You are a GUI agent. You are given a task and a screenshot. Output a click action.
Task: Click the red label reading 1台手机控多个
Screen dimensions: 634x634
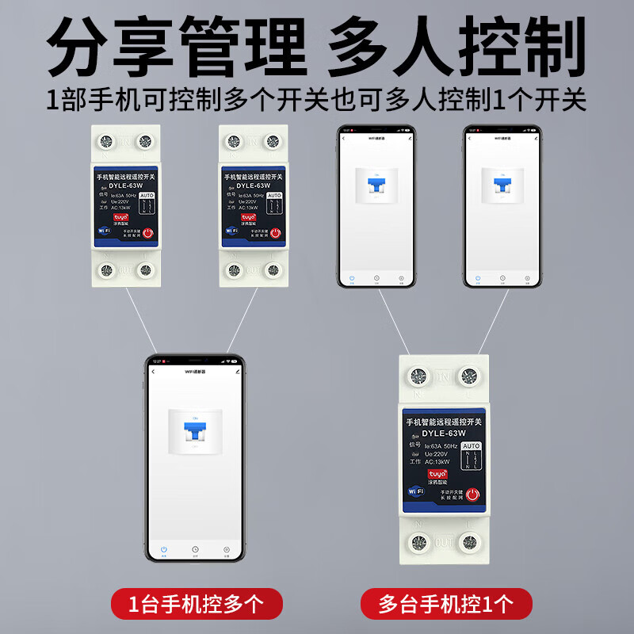click(196, 605)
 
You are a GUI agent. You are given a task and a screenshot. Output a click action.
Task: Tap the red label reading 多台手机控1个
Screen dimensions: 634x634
click(445, 605)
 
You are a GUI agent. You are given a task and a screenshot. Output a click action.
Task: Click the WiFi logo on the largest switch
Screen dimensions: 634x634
click(415, 491)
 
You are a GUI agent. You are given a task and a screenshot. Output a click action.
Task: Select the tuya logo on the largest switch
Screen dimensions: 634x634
click(437, 473)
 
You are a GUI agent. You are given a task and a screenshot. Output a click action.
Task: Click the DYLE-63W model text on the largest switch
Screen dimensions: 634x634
click(443, 433)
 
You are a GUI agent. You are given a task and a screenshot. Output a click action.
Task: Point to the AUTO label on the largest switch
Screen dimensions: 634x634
click(471, 446)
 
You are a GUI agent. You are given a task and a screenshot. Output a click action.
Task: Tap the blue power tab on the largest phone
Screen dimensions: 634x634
click(164, 549)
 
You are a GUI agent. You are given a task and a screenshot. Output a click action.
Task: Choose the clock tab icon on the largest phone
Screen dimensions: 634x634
click(195, 549)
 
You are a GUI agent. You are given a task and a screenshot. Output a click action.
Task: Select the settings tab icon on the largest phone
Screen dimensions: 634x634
click(227, 549)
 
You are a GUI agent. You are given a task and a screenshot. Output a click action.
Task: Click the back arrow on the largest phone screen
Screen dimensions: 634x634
click(154, 371)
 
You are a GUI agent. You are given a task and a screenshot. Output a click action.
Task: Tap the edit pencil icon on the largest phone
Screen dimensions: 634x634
click(236, 371)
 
